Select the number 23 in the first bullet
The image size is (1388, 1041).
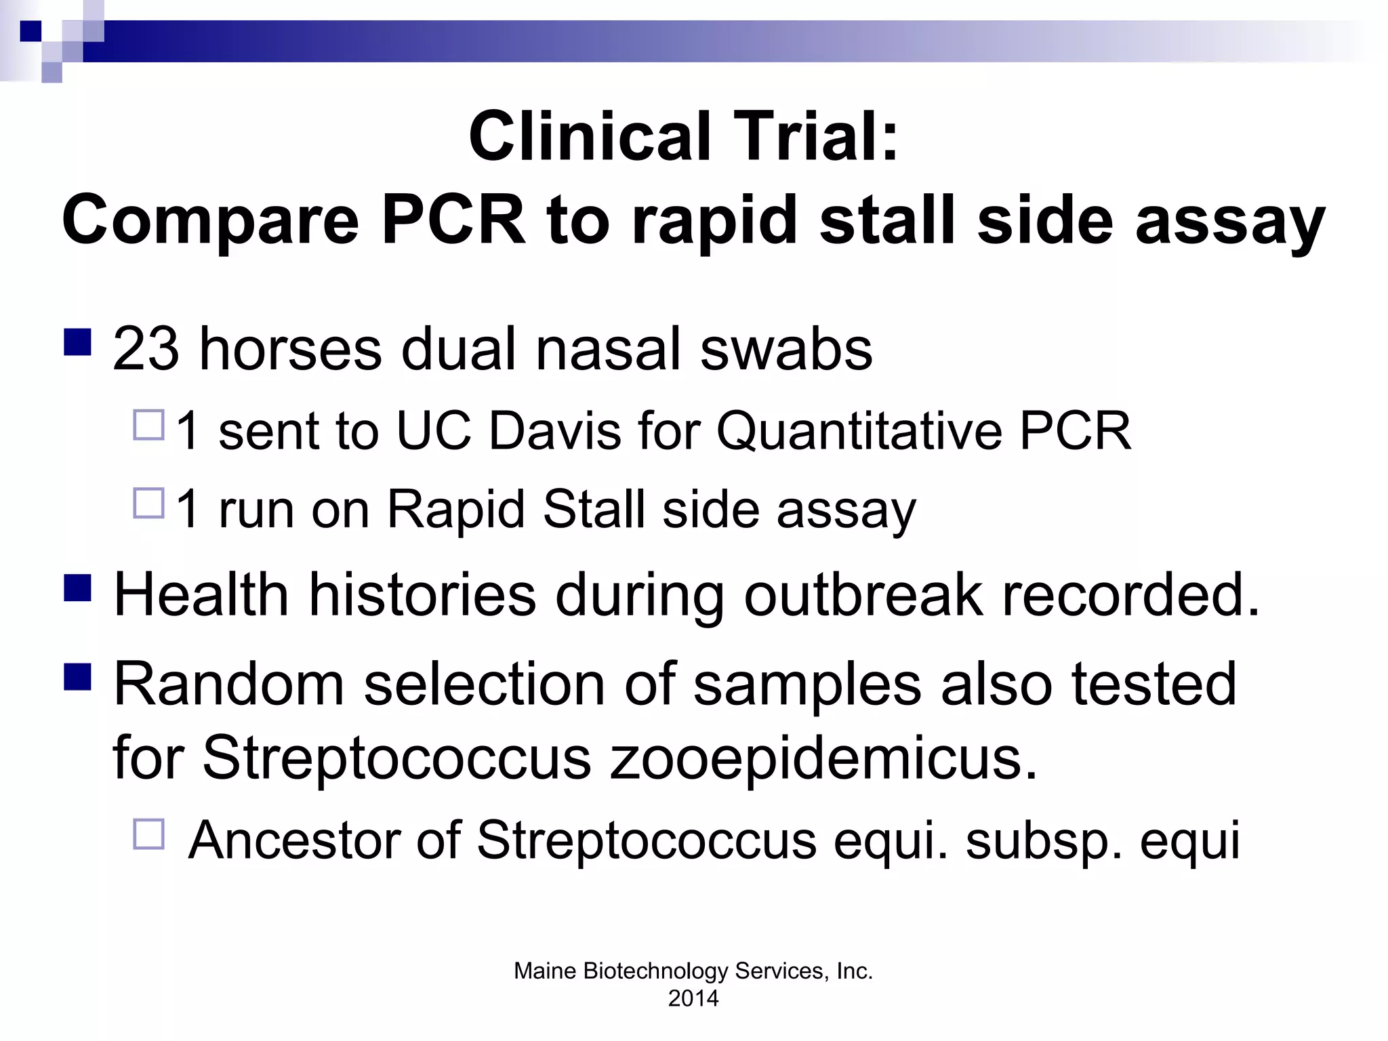coord(146,349)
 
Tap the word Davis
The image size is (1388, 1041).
coord(554,431)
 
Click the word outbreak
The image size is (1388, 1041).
coord(863,595)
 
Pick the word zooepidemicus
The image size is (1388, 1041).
coord(823,758)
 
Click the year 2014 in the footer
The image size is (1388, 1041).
coord(693,998)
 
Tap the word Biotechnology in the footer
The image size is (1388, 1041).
coord(654,971)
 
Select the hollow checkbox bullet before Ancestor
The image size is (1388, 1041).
coord(149,834)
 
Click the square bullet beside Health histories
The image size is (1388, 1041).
coord(78,588)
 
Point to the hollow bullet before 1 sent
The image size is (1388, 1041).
coord(149,426)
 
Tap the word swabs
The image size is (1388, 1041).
coord(786,349)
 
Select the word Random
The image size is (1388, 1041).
coord(229,685)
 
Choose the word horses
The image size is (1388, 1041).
coord(290,349)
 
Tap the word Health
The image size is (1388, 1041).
coord(201,595)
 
